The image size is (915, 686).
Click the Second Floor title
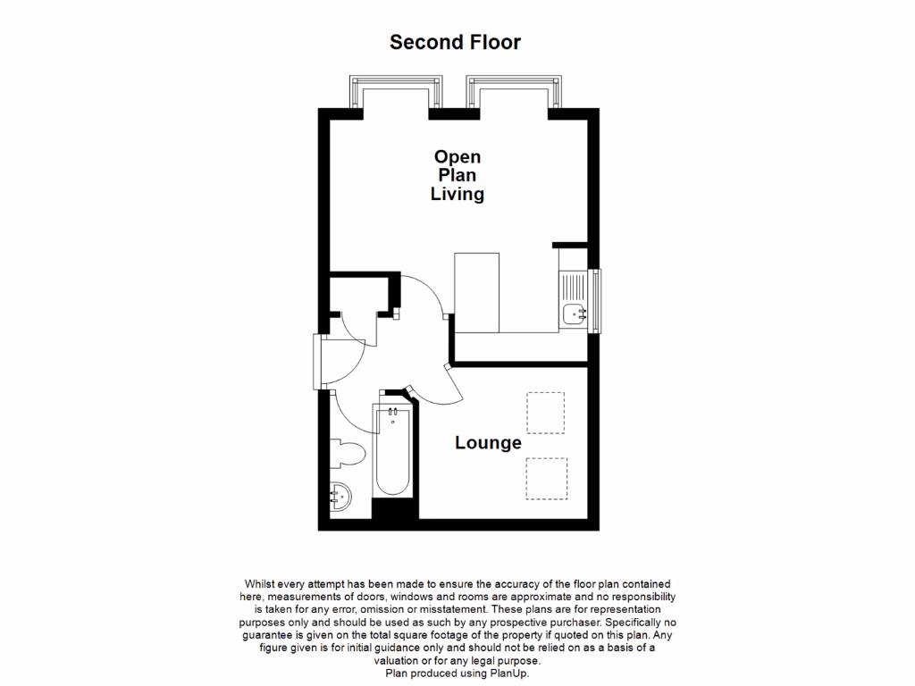click(x=455, y=42)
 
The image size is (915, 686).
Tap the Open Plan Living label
click(x=457, y=176)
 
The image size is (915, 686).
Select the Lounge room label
click(x=488, y=443)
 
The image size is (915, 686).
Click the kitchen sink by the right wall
click(x=573, y=313)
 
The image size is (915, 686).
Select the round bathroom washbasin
click(x=340, y=492)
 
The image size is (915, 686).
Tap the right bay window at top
click(x=516, y=93)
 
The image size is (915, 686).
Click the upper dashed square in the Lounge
click(x=545, y=412)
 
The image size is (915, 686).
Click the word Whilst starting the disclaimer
click(x=260, y=583)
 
